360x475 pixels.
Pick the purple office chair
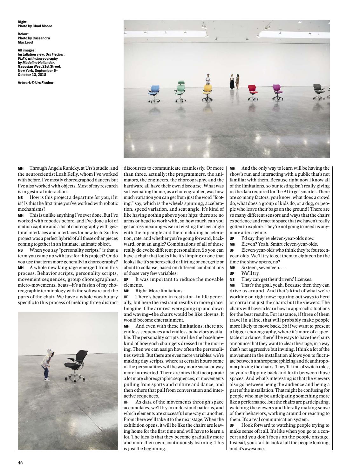pos(277,92)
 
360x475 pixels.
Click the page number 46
pos(20,462)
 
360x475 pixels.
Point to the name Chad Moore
pos(43,26)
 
